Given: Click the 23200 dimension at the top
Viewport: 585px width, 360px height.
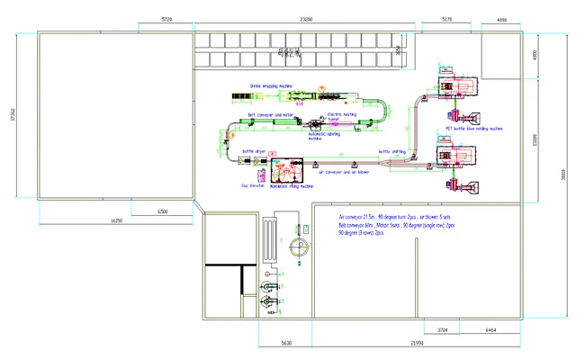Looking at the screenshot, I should point(306,18).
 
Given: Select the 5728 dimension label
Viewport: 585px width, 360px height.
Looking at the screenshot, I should point(167,18).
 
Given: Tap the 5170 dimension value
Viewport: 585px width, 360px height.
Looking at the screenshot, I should point(447,18).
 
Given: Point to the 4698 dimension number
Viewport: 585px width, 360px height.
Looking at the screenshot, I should point(502,18).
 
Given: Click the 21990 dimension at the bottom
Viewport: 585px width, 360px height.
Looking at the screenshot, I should point(419,344).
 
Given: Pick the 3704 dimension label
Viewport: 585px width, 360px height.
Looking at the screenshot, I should point(443,331).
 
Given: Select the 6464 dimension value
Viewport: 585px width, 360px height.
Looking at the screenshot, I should point(491,331).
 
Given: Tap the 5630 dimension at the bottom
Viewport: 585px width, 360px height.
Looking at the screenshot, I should point(286,344).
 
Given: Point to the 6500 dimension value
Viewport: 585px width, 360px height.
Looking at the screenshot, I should point(162,211).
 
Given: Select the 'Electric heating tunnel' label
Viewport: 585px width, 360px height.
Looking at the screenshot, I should point(343,116).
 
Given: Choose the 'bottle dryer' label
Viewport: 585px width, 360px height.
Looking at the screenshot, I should point(254,151).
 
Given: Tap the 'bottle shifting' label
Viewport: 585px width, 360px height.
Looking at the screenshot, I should point(391,151).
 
